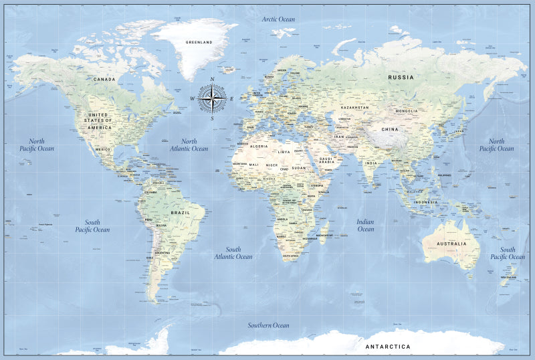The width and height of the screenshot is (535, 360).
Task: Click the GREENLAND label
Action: click(x=199, y=42)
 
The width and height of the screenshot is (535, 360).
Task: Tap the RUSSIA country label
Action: click(x=401, y=78)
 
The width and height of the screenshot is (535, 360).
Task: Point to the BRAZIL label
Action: click(x=181, y=212)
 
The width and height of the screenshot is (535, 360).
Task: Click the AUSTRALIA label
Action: click(x=452, y=244)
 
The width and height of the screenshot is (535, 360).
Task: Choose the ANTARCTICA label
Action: click(x=388, y=347)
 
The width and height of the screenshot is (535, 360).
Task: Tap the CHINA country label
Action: click(x=390, y=129)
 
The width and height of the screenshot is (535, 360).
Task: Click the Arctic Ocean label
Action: click(x=278, y=19)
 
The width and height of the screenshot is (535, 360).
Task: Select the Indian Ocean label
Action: click(x=366, y=226)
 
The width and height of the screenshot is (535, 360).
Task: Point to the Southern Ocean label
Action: click(x=269, y=325)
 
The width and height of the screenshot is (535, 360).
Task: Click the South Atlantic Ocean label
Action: click(x=233, y=253)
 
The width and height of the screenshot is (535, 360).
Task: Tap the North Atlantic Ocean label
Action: click(x=189, y=145)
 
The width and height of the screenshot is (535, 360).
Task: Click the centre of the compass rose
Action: click(x=213, y=100)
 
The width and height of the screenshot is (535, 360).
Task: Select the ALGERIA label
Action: click(x=258, y=146)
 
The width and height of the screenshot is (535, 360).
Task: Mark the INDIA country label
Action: click(x=370, y=163)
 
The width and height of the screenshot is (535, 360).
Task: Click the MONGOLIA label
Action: click(x=407, y=111)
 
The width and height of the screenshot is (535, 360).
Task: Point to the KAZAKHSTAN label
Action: click(x=354, y=107)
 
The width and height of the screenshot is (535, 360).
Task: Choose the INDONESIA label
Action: click(x=425, y=202)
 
